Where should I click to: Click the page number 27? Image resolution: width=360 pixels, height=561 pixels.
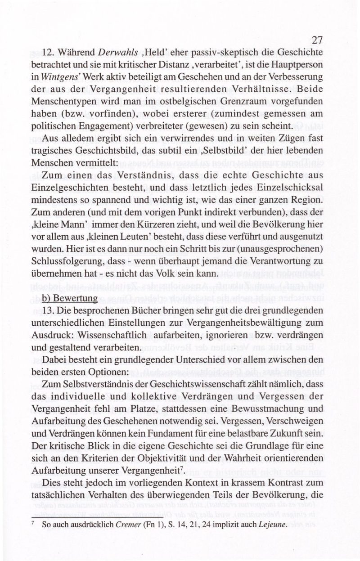(x=317, y=40)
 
